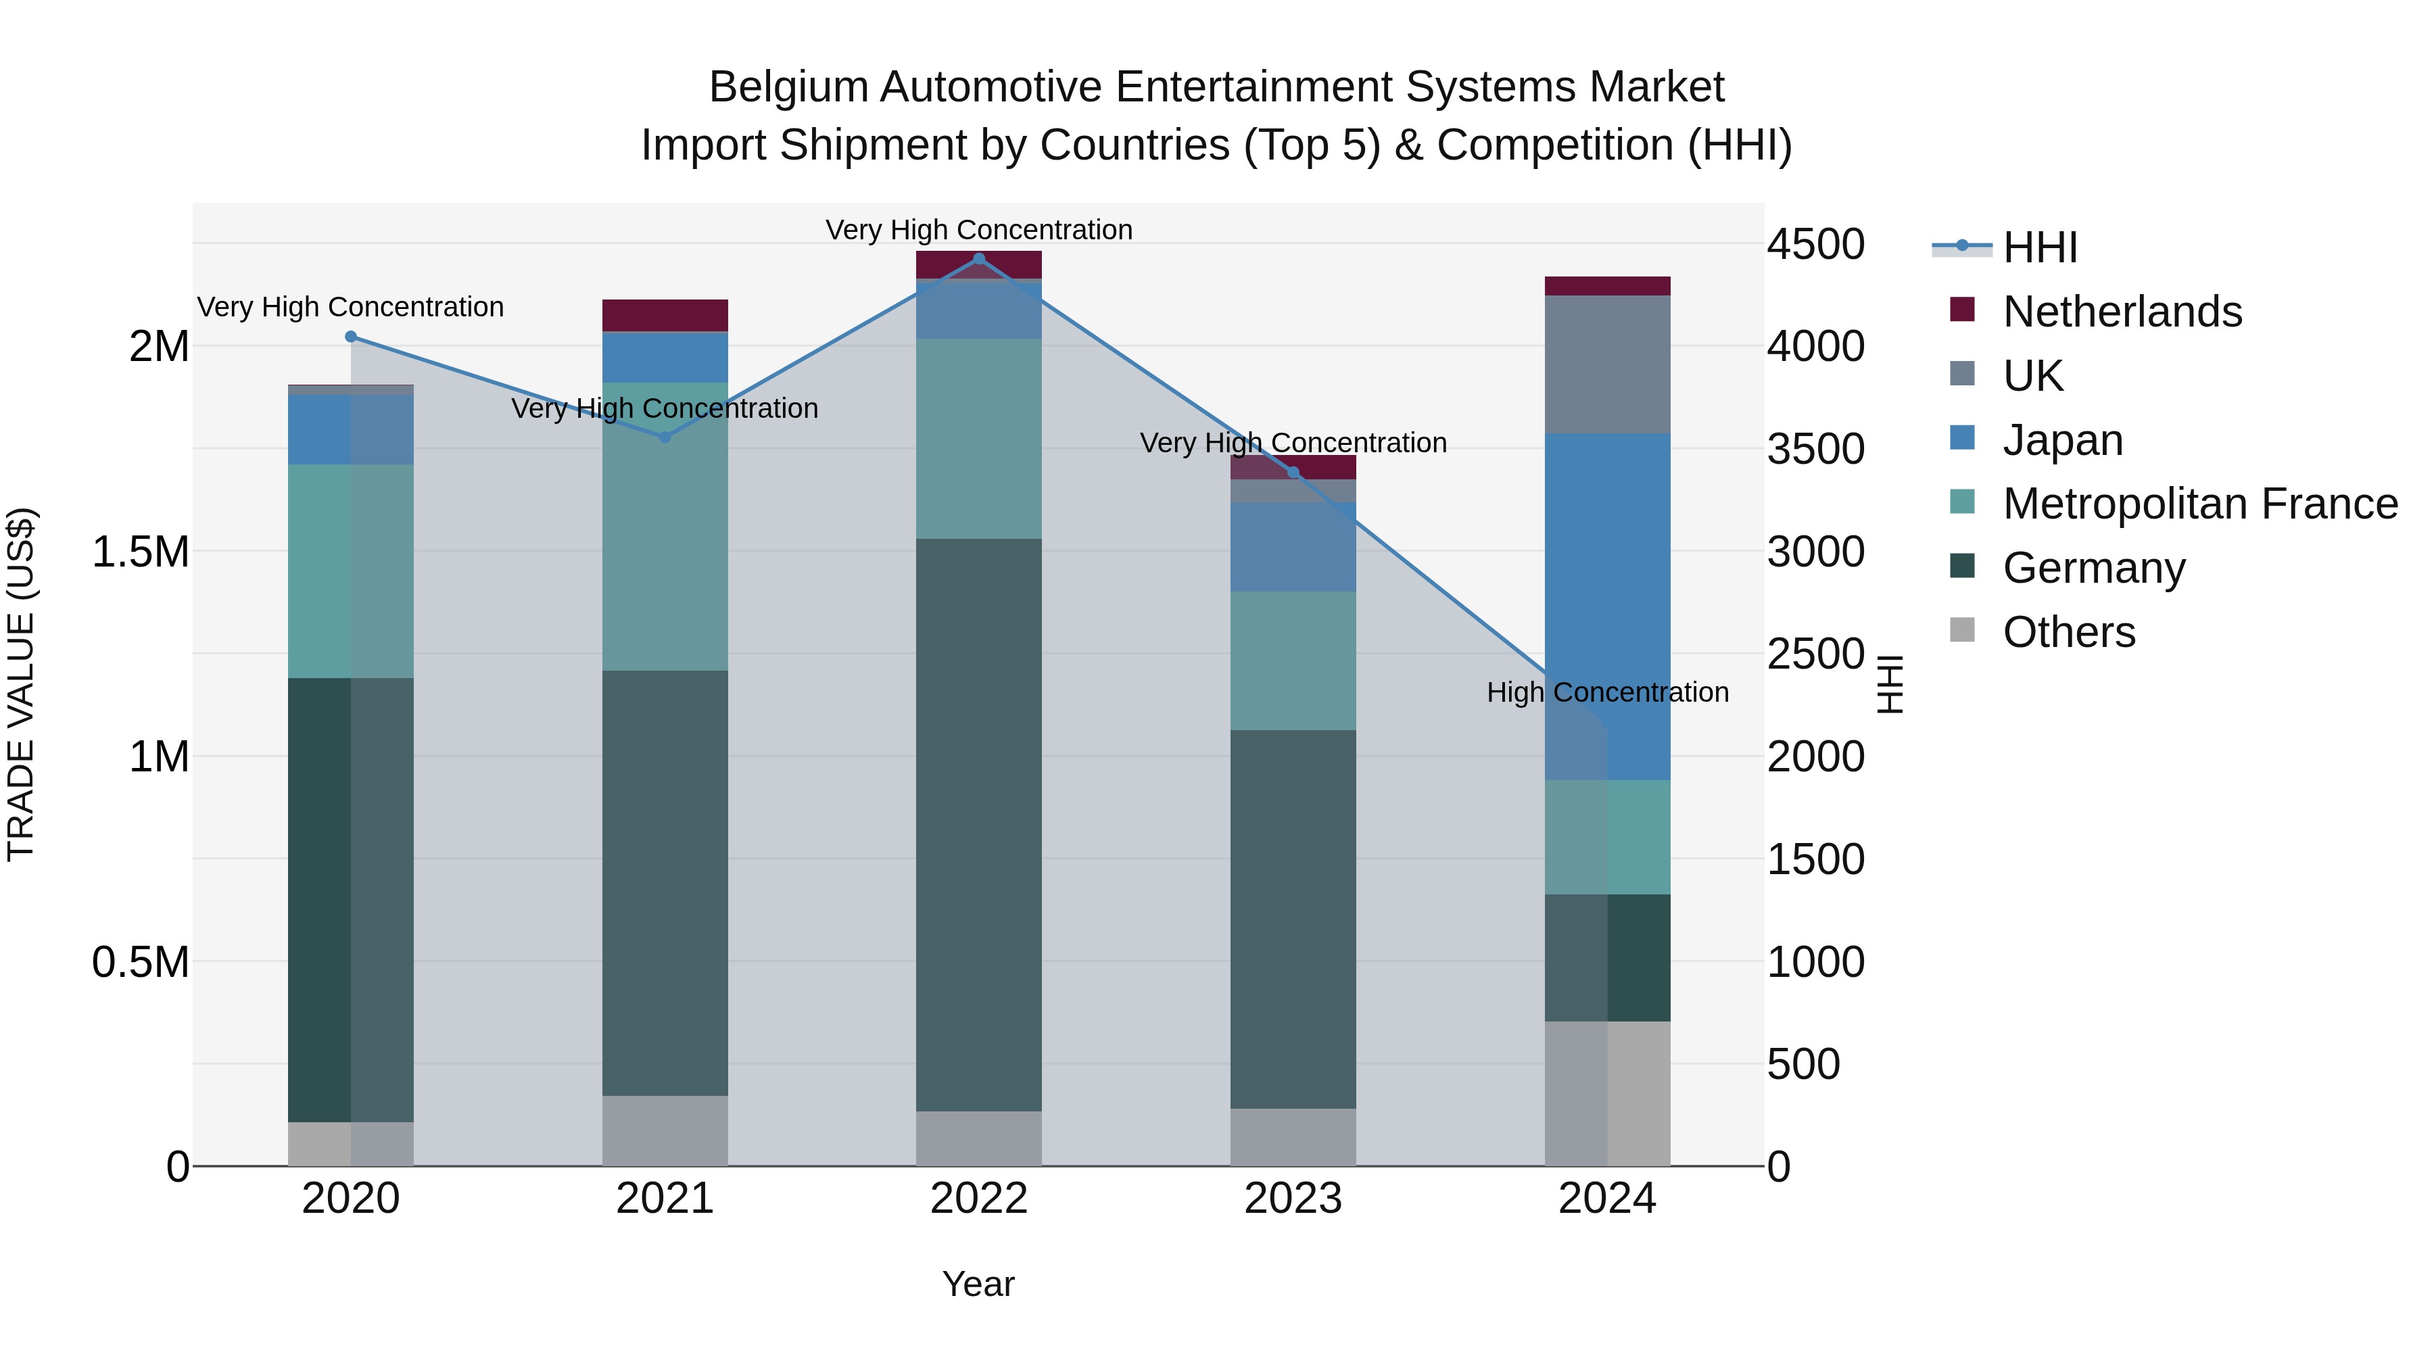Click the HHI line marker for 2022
pyautogui.click(x=979, y=258)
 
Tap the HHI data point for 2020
pyautogui.click(x=350, y=337)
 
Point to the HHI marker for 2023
pyautogui.click(x=1293, y=473)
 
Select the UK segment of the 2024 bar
pyautogui.click(x=1606, y=364)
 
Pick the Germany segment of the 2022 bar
pyautogui.click(x=979, y=824)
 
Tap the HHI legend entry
pyautogui.click(x=2039, y=247)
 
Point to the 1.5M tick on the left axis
pyautogui.click(x=141, y=552)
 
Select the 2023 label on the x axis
pyautogui.click(x=1293, y=1199)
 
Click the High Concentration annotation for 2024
pyautogui.click(x=1606, y=692)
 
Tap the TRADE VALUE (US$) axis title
pyautogui.click(x=21, y=684)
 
